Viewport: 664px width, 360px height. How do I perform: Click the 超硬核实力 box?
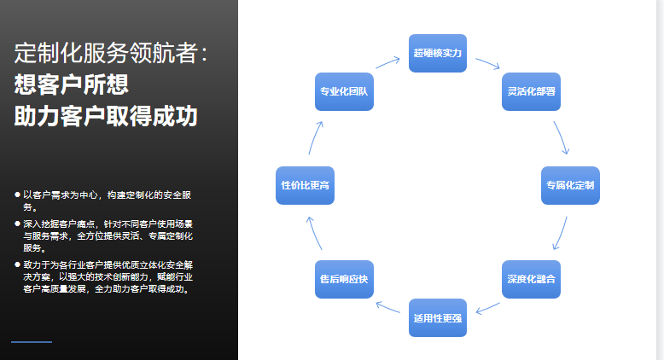pos(438,53)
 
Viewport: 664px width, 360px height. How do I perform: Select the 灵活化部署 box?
pos(531,92)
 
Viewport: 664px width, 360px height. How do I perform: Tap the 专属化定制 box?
pos(570,185)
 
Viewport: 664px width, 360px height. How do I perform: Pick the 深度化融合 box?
pos(531,279)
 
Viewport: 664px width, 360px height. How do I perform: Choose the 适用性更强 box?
pos(438,317)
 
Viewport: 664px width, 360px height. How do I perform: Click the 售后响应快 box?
pos(344,279)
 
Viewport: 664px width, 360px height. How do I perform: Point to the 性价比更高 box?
pos(305,185)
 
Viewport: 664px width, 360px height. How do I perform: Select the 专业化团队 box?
pos(344,92)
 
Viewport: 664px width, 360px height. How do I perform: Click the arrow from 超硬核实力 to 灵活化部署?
pos(488,63)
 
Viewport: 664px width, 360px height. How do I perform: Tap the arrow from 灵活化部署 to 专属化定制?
pos(562,137)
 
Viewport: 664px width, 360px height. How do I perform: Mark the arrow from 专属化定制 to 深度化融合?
pos(561,234)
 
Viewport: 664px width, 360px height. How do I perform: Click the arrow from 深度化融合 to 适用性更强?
pos(488,308)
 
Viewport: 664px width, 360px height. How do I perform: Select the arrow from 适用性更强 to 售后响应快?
pos(387,307)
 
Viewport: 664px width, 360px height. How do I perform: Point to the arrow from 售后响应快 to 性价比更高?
pos(314,233)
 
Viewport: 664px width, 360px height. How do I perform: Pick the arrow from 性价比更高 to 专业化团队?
pos(315,137)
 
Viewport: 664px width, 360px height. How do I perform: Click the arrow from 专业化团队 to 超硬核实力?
pos(387,62)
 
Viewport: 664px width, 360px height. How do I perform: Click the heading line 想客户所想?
pos(71,84)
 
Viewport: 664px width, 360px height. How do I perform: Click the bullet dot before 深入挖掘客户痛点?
pos(17,224)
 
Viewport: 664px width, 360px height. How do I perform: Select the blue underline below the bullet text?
pos(32,342)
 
